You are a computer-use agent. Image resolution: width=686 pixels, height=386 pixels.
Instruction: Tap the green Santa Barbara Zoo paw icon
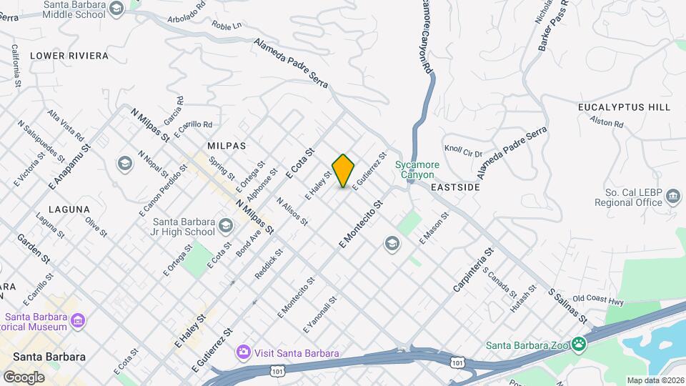pos(577,345)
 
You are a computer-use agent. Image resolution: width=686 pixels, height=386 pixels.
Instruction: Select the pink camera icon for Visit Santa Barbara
pos(244,352)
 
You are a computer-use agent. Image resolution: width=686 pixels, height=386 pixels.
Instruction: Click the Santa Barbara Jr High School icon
pos(225,227)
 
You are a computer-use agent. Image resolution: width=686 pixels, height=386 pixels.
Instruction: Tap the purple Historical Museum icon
pos(79,322)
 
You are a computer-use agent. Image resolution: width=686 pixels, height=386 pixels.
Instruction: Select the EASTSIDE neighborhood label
pos(455,187)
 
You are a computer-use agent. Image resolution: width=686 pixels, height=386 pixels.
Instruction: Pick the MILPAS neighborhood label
pos(227,145)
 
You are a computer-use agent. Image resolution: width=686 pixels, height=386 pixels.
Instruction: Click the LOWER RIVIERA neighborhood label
pos(69,55)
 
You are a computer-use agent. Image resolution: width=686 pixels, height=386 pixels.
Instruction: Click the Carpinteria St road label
pos(473,270)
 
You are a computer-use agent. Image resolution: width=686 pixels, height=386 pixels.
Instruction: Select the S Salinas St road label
pos(567,305)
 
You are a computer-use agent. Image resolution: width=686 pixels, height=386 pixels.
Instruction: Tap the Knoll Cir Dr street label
pos(464,152)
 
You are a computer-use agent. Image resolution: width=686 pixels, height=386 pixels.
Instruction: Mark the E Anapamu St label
pos(71,166)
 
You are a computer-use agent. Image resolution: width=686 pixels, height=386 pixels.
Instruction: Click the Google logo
pos(24,377)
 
